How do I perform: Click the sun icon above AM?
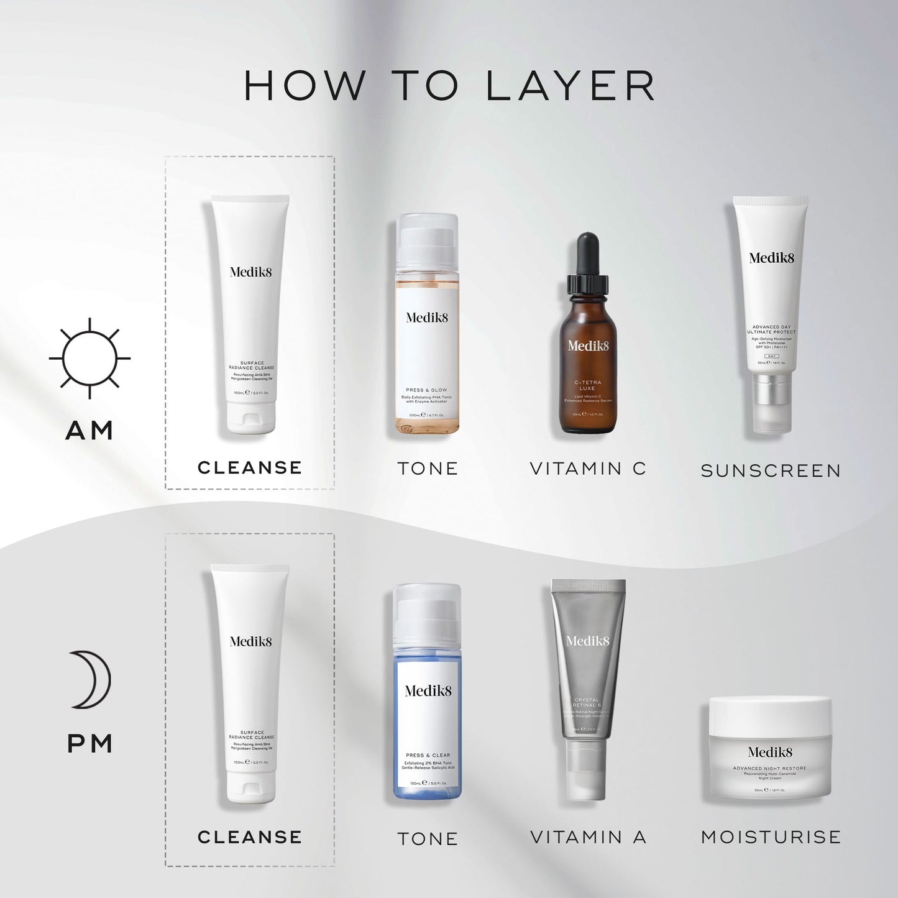click(89, 359)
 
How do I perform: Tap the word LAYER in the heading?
click(570, 86)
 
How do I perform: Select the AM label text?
click(89, 431)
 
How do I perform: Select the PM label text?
click(89, 744)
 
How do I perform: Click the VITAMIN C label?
click(588, 469)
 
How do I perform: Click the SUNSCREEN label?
click(771, 471)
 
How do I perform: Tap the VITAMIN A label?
click(588, 838)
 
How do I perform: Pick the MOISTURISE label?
click(771, 837)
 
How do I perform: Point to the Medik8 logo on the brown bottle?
click(588, 346)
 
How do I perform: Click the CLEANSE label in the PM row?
click(250, 837)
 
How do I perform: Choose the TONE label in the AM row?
click(428, 469)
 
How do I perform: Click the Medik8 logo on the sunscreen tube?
click(771, 258)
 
